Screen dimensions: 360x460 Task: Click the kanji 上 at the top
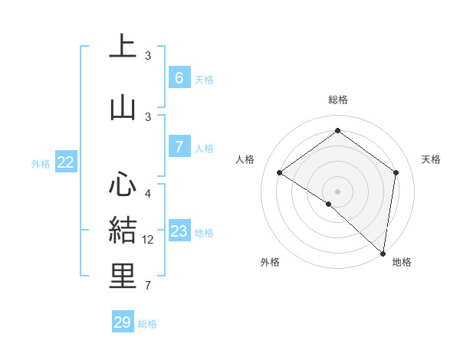[x=123, y=47]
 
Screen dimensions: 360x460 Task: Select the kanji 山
[x=123, y=107]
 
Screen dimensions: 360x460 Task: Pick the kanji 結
[x=123, y=230]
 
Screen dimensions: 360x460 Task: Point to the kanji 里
[x=123, y=276]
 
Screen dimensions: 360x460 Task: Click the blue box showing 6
[x=179, y=78]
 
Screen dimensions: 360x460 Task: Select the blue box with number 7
[x=179, y=148]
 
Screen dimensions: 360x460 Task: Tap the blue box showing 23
[x=179, y=232]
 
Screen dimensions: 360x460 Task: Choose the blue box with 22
[x=65, y=162]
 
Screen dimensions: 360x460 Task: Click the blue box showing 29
[x=123, y=322]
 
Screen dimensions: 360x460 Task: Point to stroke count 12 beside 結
[x=148, y=240]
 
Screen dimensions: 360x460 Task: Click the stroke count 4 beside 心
[x=148, y=193]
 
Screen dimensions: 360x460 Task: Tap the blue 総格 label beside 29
[x=147, y=324]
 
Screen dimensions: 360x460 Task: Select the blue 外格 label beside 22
[x=41, y=163]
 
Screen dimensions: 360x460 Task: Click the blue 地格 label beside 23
[x=204, y=233]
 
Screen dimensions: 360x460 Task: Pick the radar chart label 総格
[x=337, y=100]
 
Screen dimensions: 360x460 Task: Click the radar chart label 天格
[x=432, y=159]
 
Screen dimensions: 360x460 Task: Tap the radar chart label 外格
[x=270, y=262]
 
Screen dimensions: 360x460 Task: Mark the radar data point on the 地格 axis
[x=383, y=254]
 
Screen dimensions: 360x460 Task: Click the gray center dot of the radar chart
[x=337, y=191]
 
